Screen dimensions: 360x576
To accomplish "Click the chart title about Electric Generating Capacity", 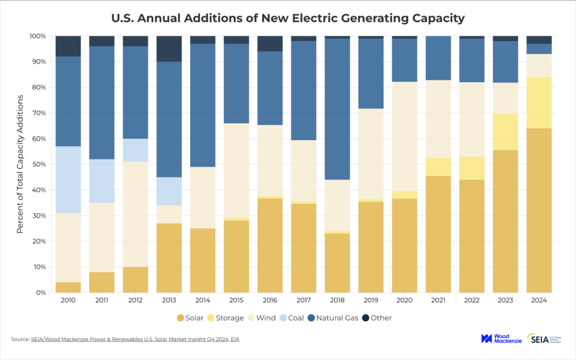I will coord(287,18).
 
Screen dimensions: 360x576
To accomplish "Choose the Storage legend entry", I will coord(225,318).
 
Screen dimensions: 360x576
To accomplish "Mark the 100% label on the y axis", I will coord(37,36).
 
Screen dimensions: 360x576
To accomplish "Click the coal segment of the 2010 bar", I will coord(68,179).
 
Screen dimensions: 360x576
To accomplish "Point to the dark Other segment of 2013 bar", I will coord(169,49).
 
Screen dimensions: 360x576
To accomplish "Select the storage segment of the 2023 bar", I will coord(505,132).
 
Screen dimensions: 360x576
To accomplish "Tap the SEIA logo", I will coord(545,338).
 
